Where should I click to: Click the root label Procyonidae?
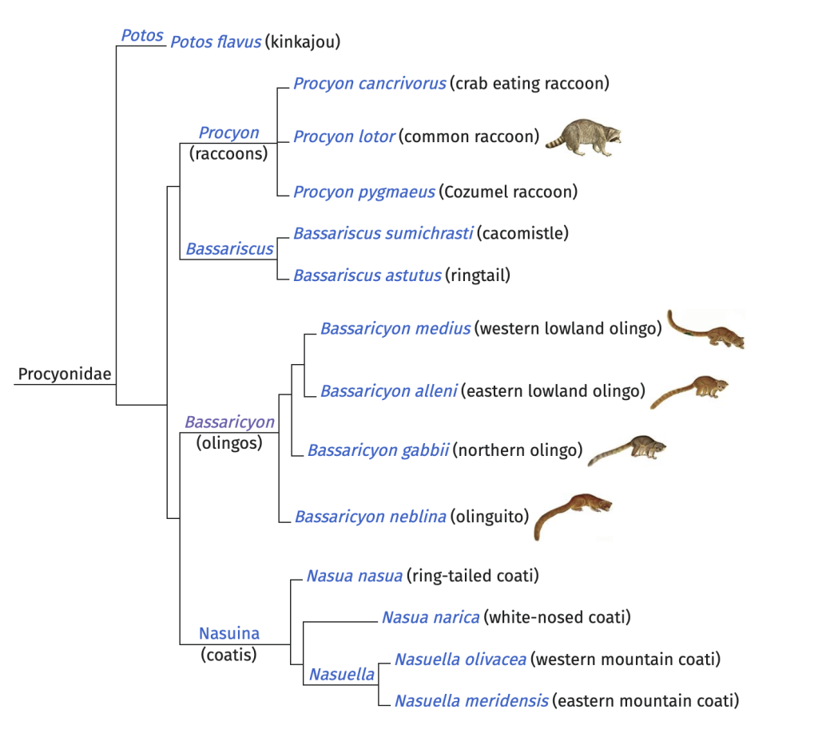pos(65,374)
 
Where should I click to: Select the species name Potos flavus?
pos(216,42)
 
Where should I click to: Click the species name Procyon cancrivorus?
pos(369,83)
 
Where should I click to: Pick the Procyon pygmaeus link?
pos(363,192)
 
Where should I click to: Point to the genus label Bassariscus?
pos(229,249)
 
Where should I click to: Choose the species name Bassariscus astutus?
pos(367,275)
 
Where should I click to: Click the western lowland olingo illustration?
pos(706,331)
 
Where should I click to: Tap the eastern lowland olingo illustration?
pos(690,390)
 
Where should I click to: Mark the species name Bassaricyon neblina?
pos(370,517)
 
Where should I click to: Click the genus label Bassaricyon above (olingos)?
pos(229,422)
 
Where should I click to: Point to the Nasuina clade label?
pos(229,633)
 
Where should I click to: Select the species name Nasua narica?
pos(430,617)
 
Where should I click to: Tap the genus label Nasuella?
pos(341,675)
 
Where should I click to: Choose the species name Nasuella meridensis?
pos(471,701)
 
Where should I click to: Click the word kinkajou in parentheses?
pos(303,42)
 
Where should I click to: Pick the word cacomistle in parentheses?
pos(522,233)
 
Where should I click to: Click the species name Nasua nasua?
pos(354,575)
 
